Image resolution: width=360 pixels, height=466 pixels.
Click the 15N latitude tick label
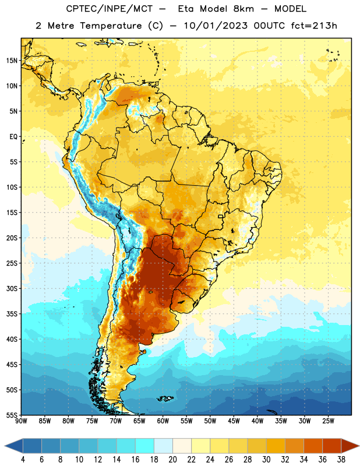(x=12, y=61)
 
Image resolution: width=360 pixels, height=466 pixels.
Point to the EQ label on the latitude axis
(x=13, y=137)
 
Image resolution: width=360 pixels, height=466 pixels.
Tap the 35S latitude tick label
(x=12, y=314)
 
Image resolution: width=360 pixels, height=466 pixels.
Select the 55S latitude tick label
(x=12, y=415)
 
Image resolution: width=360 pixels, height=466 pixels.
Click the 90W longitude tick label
(x=21, y=421)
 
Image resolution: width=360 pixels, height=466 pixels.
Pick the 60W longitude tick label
(x=163, y=421)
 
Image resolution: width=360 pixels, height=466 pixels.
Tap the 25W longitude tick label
(x=328, y=421)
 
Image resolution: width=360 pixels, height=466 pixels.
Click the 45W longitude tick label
(x=234, y=421)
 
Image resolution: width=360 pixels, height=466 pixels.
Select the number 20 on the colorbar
(x=172, y=460)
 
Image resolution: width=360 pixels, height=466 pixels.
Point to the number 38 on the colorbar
(x=341, y=460)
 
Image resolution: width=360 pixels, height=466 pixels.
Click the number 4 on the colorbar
(x=23, y=460)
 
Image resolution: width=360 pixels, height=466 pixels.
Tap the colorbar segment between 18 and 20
(x=163, y=446)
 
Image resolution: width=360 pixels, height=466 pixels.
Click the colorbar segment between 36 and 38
(x=332, y=446)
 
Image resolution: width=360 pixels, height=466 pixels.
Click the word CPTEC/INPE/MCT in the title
(x=109, y=9)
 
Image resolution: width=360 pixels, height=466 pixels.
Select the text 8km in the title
(x=243, y=9)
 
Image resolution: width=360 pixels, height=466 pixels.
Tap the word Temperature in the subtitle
(x=111, y=26)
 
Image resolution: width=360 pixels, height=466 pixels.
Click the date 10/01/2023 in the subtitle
(x=216, y=26)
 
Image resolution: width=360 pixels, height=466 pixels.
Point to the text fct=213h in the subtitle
(x=314, y=26)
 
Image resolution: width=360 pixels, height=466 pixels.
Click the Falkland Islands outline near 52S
(x=165, y=398)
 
